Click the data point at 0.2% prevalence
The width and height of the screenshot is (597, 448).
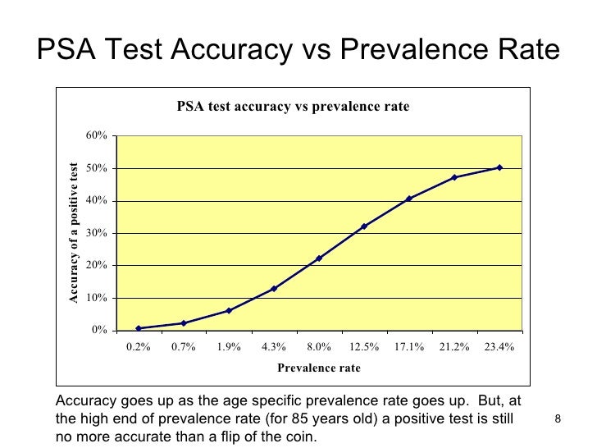click(x=139, y=328)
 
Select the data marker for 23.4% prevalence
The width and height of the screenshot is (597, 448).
click(x=499, y=167)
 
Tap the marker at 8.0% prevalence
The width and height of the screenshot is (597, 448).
click(x=319, y=258)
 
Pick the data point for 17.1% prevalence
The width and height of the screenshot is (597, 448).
click(x=409, y=199)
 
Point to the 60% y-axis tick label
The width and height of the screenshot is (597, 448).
click(x=96, y=135)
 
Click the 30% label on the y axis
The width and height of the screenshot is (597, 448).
click(x=96, y=233)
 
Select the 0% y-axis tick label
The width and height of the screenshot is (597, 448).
click(x=99, y=330)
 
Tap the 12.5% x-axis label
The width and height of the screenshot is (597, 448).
click(x=364, y=347)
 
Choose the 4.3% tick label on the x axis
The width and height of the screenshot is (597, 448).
click(x=274, y=347)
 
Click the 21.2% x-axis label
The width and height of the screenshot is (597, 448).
click(x=454, y=347)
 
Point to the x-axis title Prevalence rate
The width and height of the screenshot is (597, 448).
click(x=319, y=368)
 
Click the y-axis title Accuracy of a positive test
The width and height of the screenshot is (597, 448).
click(x=74, y=233)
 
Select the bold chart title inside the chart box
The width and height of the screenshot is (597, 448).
click(x=294, y=107)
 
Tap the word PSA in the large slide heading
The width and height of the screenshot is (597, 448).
click(x=66, y=49)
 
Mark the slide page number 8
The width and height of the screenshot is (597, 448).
click(x=558, y=419)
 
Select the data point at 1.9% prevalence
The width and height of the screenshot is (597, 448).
click(x=229, y=311)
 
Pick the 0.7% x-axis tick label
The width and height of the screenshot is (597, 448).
click(x=184, y=347)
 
